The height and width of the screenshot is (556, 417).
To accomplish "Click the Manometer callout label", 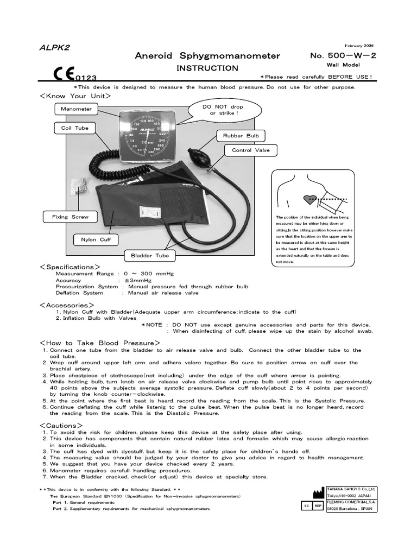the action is coord(76,109).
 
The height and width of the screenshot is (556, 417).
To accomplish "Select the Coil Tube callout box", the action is coord(74,128).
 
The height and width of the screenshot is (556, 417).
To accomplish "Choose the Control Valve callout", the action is coord(247,150).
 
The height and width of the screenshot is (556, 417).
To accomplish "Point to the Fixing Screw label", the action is coord(69,217).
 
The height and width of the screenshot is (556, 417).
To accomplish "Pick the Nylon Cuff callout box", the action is coord(96,239).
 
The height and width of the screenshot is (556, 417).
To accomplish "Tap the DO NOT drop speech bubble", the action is coord(223,110).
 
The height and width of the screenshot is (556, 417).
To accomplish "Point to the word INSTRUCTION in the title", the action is coord(207,68).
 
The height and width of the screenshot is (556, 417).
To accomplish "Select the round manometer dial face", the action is coord(142,136).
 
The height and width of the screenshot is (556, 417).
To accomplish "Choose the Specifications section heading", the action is coord(70,267).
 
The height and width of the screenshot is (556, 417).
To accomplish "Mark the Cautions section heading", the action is coord(61,425).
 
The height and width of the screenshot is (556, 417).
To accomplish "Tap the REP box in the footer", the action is coord(318,505).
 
